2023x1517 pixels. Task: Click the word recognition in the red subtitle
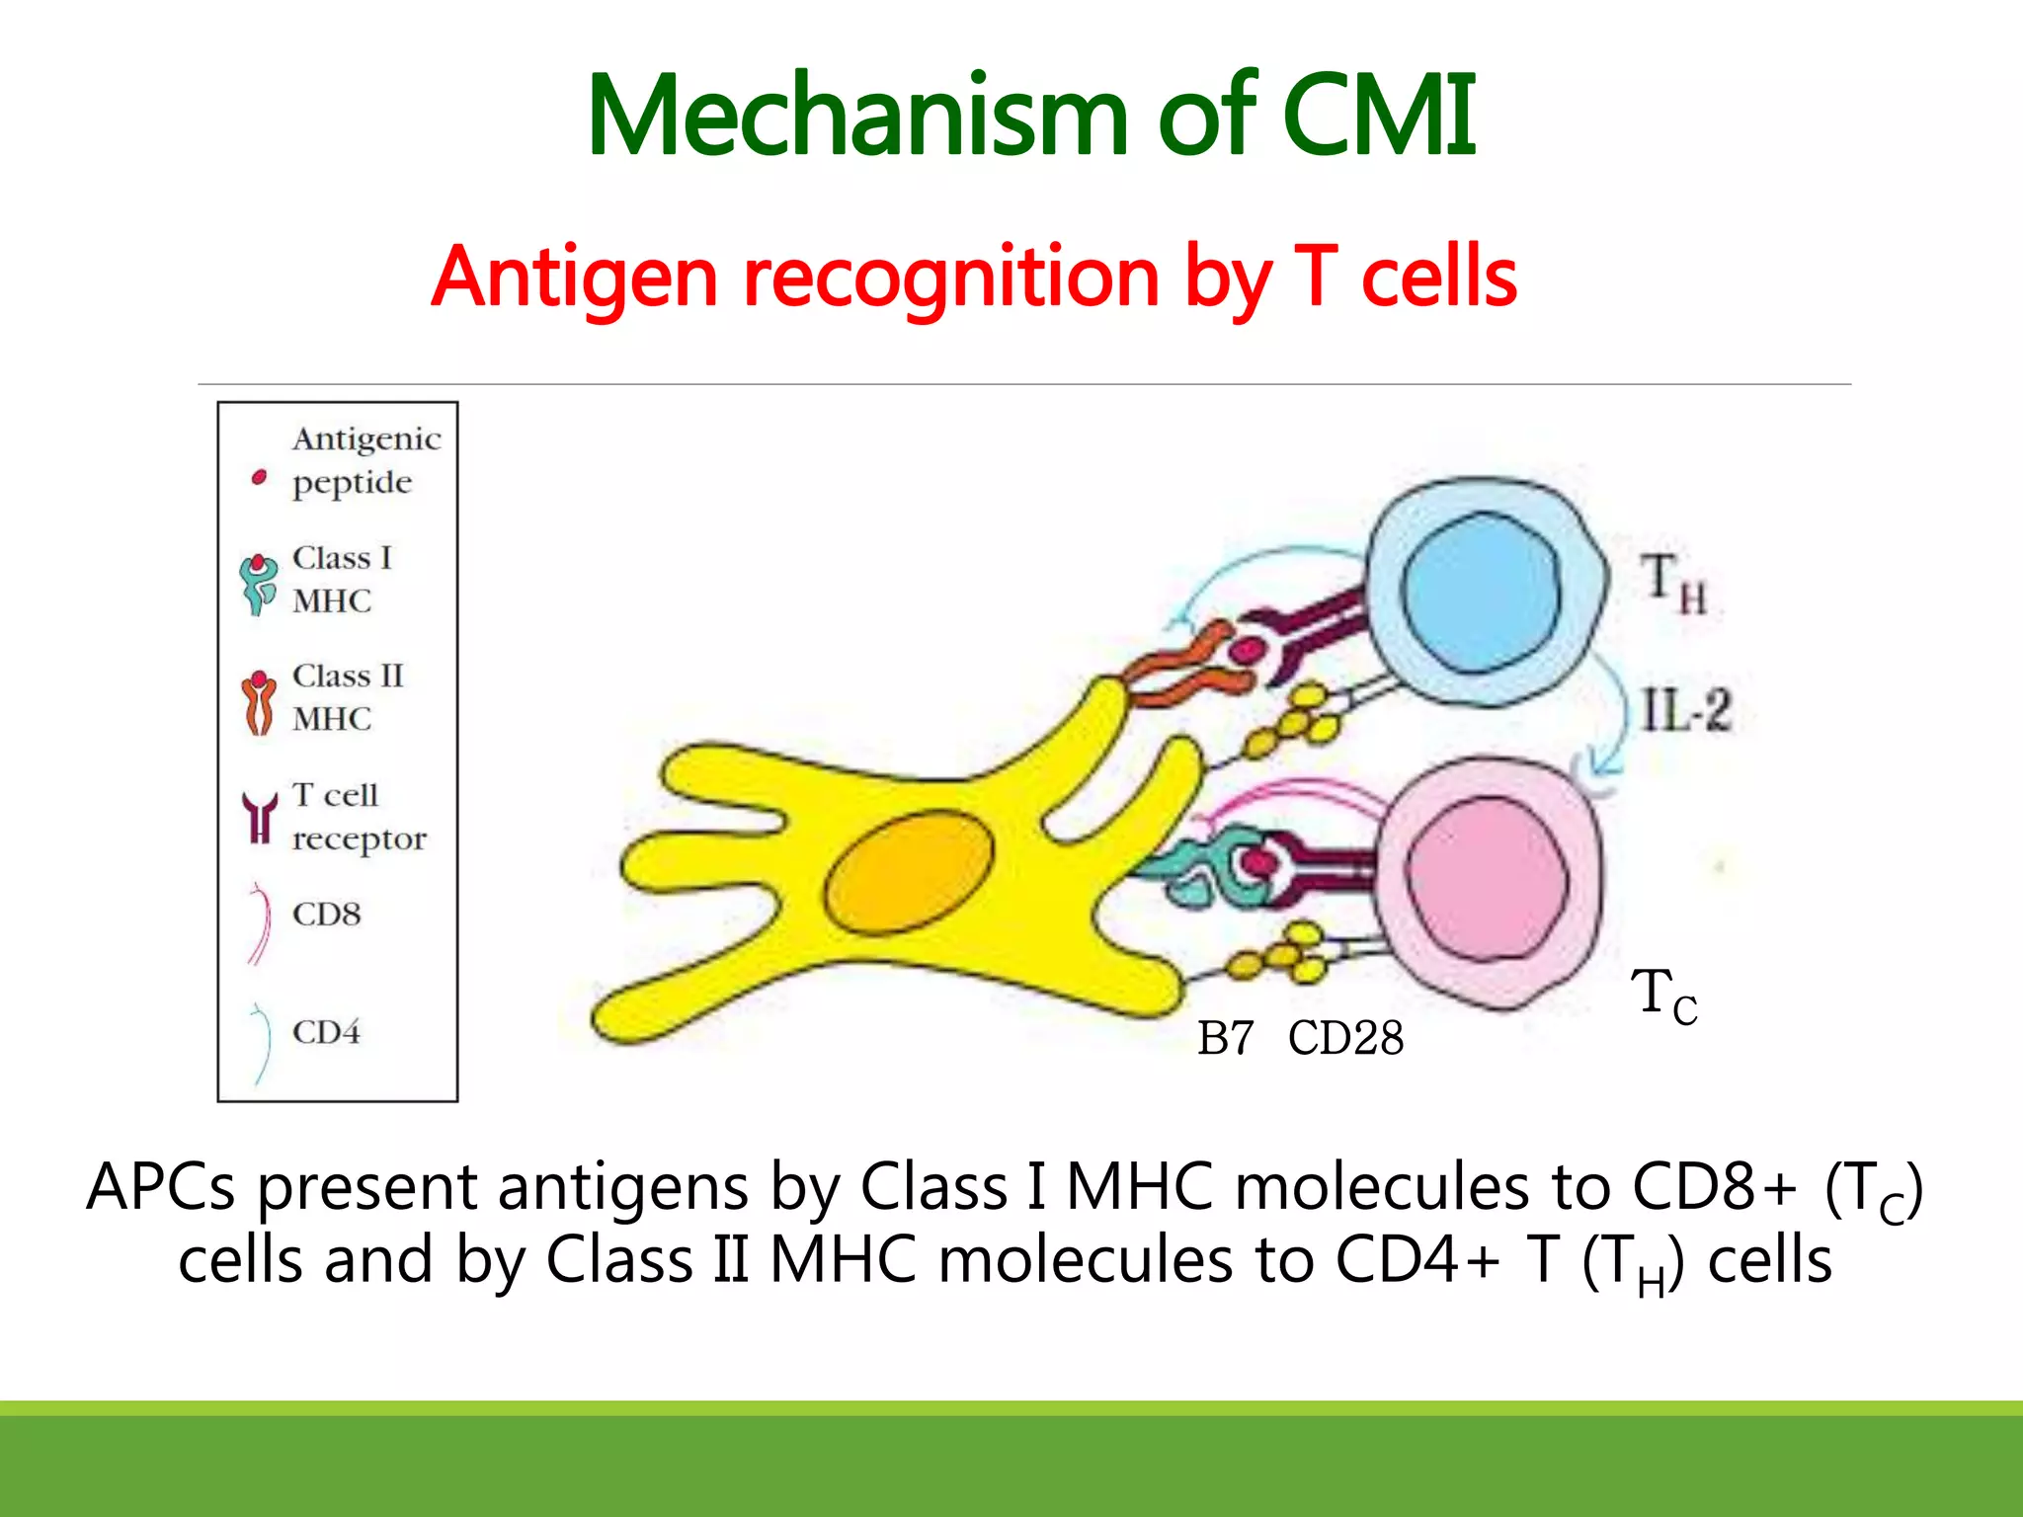pyautogui.click(x=949, y=279)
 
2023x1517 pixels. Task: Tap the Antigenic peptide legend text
pyautogui.click(x=366, y=460)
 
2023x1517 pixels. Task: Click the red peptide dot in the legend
pyautogui.click(x=259, y=478)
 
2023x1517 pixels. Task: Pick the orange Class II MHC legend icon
pyautogui.click(x=259, y=702)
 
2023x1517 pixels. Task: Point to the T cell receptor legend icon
pyautogui.click(x=260, y=818)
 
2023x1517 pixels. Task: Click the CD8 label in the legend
pyautogui.click(x=327, y=915)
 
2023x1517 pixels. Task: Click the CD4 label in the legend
pyautogui.click(x=327, y=1032)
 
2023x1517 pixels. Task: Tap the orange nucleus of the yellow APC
pyautogui.click(x=909, y=872)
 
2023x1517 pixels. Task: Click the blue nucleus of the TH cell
pyautogui.click(x=1481, y=593)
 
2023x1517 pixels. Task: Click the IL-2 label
pyautogui.click(x=1686, y=710)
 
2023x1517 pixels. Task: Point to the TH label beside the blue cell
pyautogui.click(x=1673, y=583)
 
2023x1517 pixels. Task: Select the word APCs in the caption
pyautogui.click(x=161, y=1187)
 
